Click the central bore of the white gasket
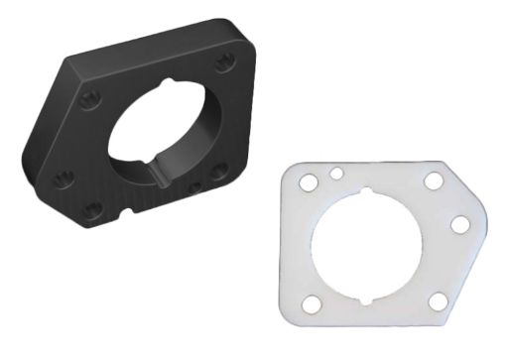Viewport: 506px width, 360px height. point(367,245)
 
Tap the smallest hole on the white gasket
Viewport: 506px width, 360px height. point(337,174)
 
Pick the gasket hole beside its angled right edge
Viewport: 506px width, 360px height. point(460,223)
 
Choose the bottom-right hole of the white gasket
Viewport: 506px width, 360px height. point(437,300)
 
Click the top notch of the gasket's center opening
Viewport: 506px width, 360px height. point(367,191)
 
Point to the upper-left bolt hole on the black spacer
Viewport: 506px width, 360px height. point(88,99)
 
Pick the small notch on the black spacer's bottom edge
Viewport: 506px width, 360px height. point(128,211)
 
